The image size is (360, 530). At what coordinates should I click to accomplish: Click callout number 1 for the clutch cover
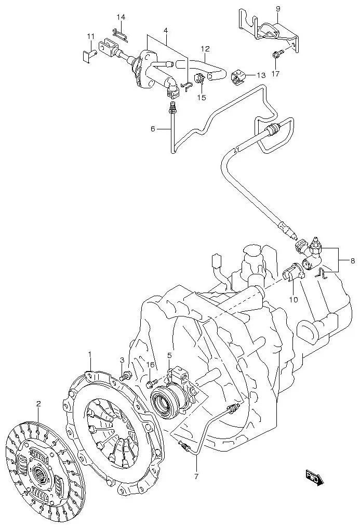(89, 355)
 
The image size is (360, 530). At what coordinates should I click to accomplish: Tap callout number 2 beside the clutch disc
(38, 403)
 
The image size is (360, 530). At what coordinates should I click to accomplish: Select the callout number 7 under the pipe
(196, 475)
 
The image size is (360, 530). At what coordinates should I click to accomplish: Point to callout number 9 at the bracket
(277, 9)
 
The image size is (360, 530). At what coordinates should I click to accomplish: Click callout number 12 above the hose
(205, 49)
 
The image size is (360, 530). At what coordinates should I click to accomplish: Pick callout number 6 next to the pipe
(153, 129)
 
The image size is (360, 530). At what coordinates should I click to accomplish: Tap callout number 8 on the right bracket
(353, 261)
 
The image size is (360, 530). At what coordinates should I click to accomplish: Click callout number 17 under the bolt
(275, 74)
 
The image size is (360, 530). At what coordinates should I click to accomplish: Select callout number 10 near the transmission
(293, 299)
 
